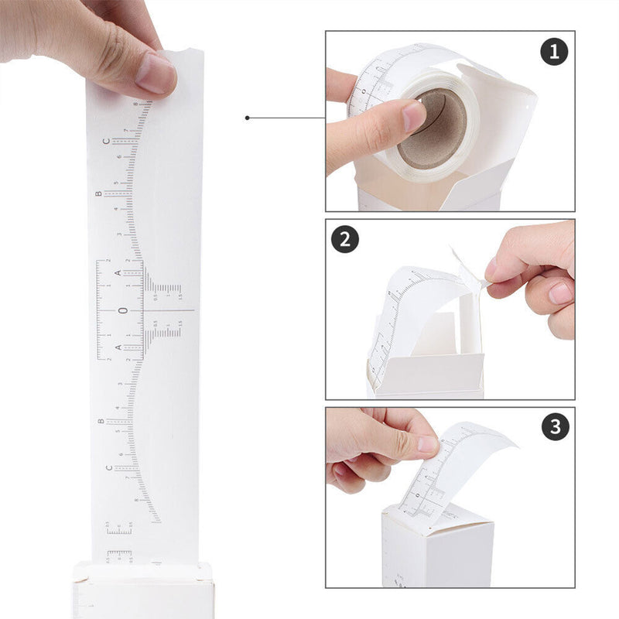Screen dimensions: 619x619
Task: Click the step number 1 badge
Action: pos(554,52)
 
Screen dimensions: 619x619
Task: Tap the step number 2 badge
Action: pos(345,239)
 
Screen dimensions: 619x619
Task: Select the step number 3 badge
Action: pos(554,427)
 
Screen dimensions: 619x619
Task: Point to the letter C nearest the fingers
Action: pos(107,142)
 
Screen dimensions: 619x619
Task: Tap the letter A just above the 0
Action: pos(118,273)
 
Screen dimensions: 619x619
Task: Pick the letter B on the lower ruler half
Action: pos(101,422)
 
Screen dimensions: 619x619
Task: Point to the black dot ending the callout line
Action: pos(247,118)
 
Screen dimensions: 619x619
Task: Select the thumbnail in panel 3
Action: pos(427,444)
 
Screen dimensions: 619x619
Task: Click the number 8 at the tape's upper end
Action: pos(136,103)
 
